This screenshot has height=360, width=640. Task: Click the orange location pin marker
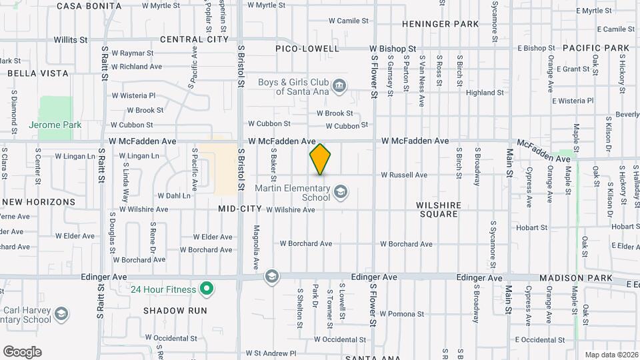(321, 159)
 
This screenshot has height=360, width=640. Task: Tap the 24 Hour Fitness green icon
(207, 289)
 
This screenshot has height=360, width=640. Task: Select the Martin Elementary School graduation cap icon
(341, 193)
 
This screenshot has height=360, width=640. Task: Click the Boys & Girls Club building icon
(339, 86)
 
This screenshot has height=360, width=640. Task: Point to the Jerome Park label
(55, 125)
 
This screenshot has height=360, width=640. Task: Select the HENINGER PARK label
(441, 24)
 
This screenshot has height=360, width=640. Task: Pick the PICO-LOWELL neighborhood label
(307, 49)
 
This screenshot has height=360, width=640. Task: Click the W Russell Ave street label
(403, 175)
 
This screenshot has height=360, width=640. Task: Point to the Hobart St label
(531, 227)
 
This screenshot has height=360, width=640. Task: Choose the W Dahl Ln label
(173, 196)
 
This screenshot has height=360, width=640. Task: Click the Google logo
(22, 352)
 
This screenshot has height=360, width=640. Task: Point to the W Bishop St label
(393, 49)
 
